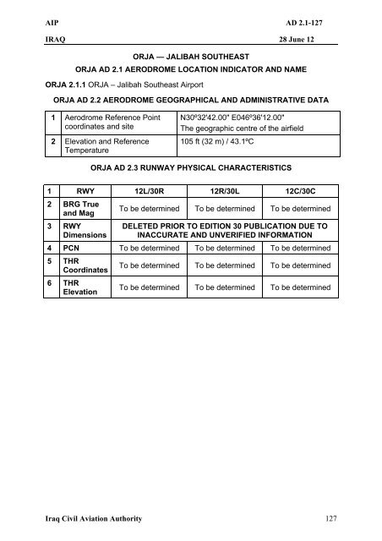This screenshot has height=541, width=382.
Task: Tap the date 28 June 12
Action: coord(316,39)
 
